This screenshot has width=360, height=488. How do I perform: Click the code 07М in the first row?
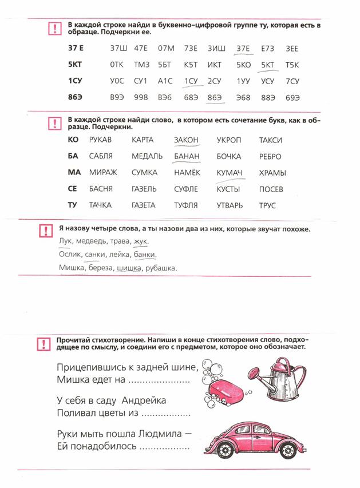coord(166,49)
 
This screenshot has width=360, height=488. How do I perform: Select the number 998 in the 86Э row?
coord(141,98)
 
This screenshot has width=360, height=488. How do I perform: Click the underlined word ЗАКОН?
coord(187,140)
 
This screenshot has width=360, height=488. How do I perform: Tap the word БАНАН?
coord(187,156)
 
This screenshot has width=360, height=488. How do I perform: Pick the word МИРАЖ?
coord(103,173)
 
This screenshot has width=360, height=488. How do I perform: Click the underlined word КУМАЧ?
coord(230,173)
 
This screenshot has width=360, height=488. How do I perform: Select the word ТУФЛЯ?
coord(186,205)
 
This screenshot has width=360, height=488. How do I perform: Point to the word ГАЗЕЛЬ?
coord(145,189)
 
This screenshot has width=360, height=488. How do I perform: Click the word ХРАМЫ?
coord(272,173)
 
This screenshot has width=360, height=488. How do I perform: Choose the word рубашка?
coord(161,268)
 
